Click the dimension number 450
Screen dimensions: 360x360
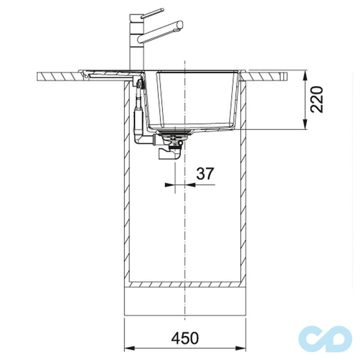(x=185, y=338)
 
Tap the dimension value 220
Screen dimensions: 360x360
(x=317, y=100)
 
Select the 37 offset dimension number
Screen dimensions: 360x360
(x=205, y=174)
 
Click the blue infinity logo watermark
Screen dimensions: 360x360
(x=325, y=339)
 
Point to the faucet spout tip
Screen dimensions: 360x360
(x=181, y=25)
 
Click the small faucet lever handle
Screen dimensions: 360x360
(x=152, y=13)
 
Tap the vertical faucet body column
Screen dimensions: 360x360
(x=137, y=42)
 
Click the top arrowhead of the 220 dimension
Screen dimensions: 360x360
(x=305, y=75)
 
